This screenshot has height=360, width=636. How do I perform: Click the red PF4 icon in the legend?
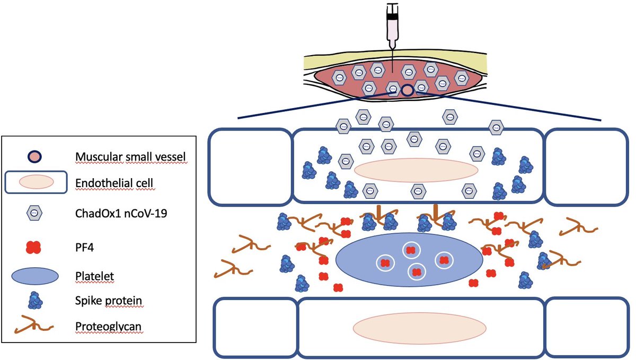[x=34, y=246]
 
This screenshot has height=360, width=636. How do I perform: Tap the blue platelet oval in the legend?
[x=34, y=276]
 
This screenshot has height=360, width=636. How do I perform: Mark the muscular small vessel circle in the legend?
[x=35, y=156]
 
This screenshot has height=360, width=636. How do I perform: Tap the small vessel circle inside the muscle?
[x=407, y=91]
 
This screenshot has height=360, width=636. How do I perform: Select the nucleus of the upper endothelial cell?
[x=416, y=171]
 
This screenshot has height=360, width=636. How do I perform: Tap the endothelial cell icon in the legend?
[x=36, y=182]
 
